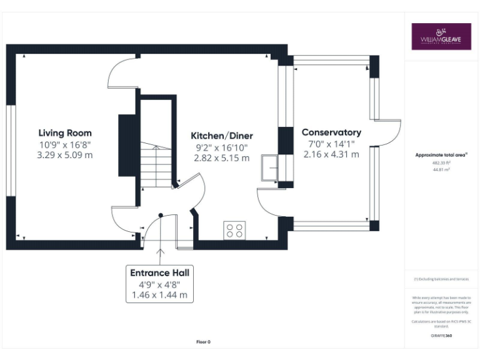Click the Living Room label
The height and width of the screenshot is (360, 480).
[65, 132]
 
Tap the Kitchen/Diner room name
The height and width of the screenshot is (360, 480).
[221, 136]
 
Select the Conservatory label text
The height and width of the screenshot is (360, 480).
[331, 132]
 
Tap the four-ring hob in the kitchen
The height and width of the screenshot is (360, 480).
[234, 230]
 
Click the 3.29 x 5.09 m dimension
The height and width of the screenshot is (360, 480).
[65, 154]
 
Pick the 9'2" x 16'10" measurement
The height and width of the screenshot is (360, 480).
[221, 147]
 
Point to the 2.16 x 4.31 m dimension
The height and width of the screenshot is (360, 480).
[331, 154]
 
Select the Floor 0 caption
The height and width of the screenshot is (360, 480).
[203, 342]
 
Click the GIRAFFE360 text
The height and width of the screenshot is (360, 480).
[441, 336]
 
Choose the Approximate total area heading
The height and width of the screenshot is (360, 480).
[441, 154]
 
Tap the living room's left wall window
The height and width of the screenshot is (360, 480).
[10, 150]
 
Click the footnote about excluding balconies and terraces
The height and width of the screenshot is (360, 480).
[441, 279]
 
